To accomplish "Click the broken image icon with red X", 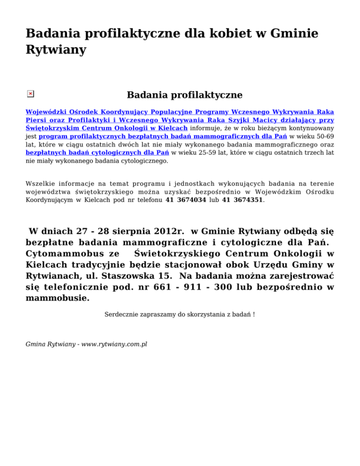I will (x=30, y=94).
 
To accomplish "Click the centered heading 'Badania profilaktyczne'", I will (x=184, y=95).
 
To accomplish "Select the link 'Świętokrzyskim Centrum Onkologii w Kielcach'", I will (x=106, y=128).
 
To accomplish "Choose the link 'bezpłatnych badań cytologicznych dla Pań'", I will (x=97, y=152).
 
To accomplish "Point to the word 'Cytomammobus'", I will (x=60, y=254).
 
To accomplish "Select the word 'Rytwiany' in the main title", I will (x=56, y=50).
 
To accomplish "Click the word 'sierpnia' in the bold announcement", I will (x=125, y=231).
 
